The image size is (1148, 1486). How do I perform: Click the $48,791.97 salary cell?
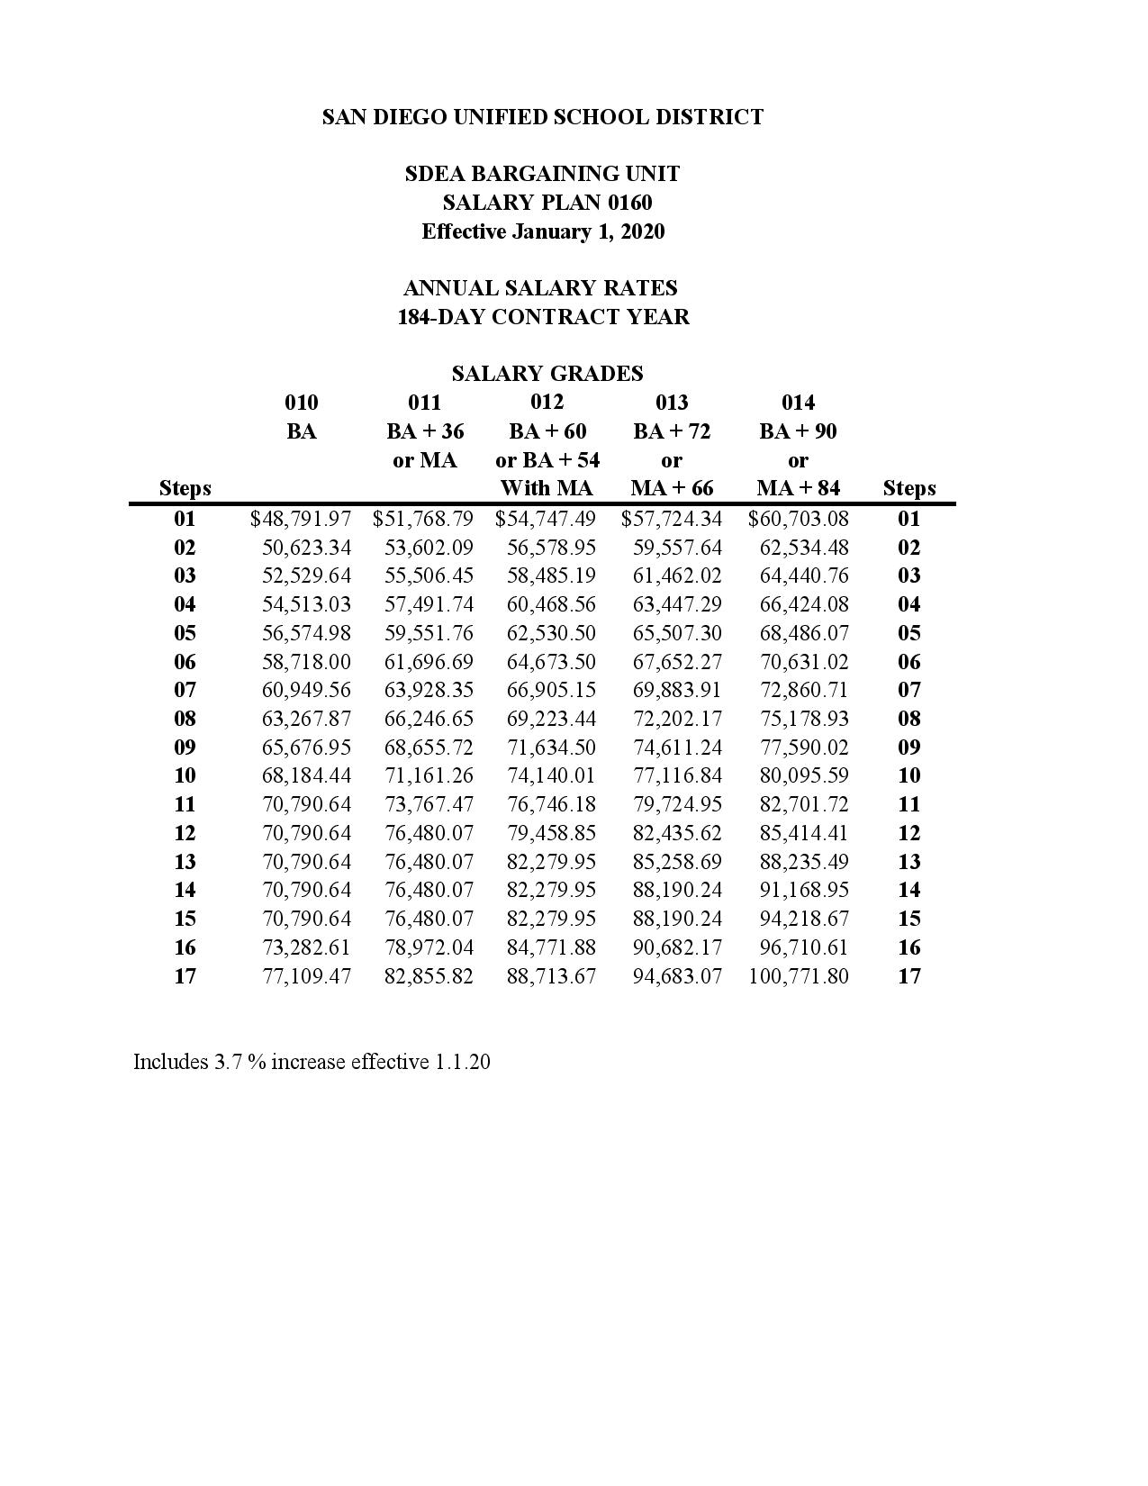click(301, 519)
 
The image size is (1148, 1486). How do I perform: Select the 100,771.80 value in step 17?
click(798, 976)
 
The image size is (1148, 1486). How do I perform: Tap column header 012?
click(547, 402)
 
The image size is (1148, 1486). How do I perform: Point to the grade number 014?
click(798, 403)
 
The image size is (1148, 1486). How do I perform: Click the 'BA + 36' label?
click(425, 431)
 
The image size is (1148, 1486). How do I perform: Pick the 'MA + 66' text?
click(672, 488)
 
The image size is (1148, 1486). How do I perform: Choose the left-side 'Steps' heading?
click(185, 488)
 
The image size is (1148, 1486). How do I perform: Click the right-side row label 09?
click(909, 747)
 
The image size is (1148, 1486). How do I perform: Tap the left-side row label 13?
click(185, 862)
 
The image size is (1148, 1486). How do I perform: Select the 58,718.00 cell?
click(306, 662)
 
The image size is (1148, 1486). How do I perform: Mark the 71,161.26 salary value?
click(429, 775)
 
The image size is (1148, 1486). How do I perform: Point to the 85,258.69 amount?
click(676, 862)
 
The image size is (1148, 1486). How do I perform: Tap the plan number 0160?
click(629, 203)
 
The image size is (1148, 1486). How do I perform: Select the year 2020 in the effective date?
click(642, 231)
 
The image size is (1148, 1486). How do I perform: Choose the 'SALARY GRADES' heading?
click(547, 374)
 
